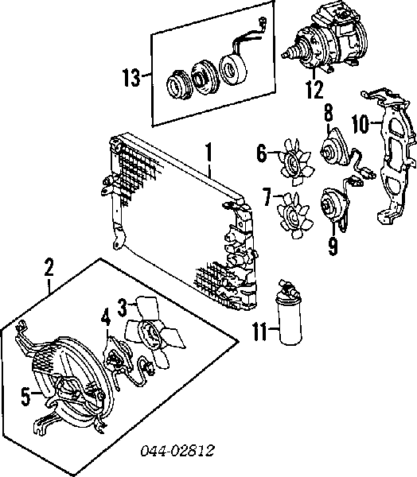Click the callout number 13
point(131,78)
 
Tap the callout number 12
point(314,89)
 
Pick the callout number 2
point(49,267)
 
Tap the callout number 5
point(26,397)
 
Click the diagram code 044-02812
point(177,451)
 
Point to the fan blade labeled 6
point(296,162)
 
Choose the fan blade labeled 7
point(294,214)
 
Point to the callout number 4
point(106,317)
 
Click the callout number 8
point(328,113)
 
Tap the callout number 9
point(333,246)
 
